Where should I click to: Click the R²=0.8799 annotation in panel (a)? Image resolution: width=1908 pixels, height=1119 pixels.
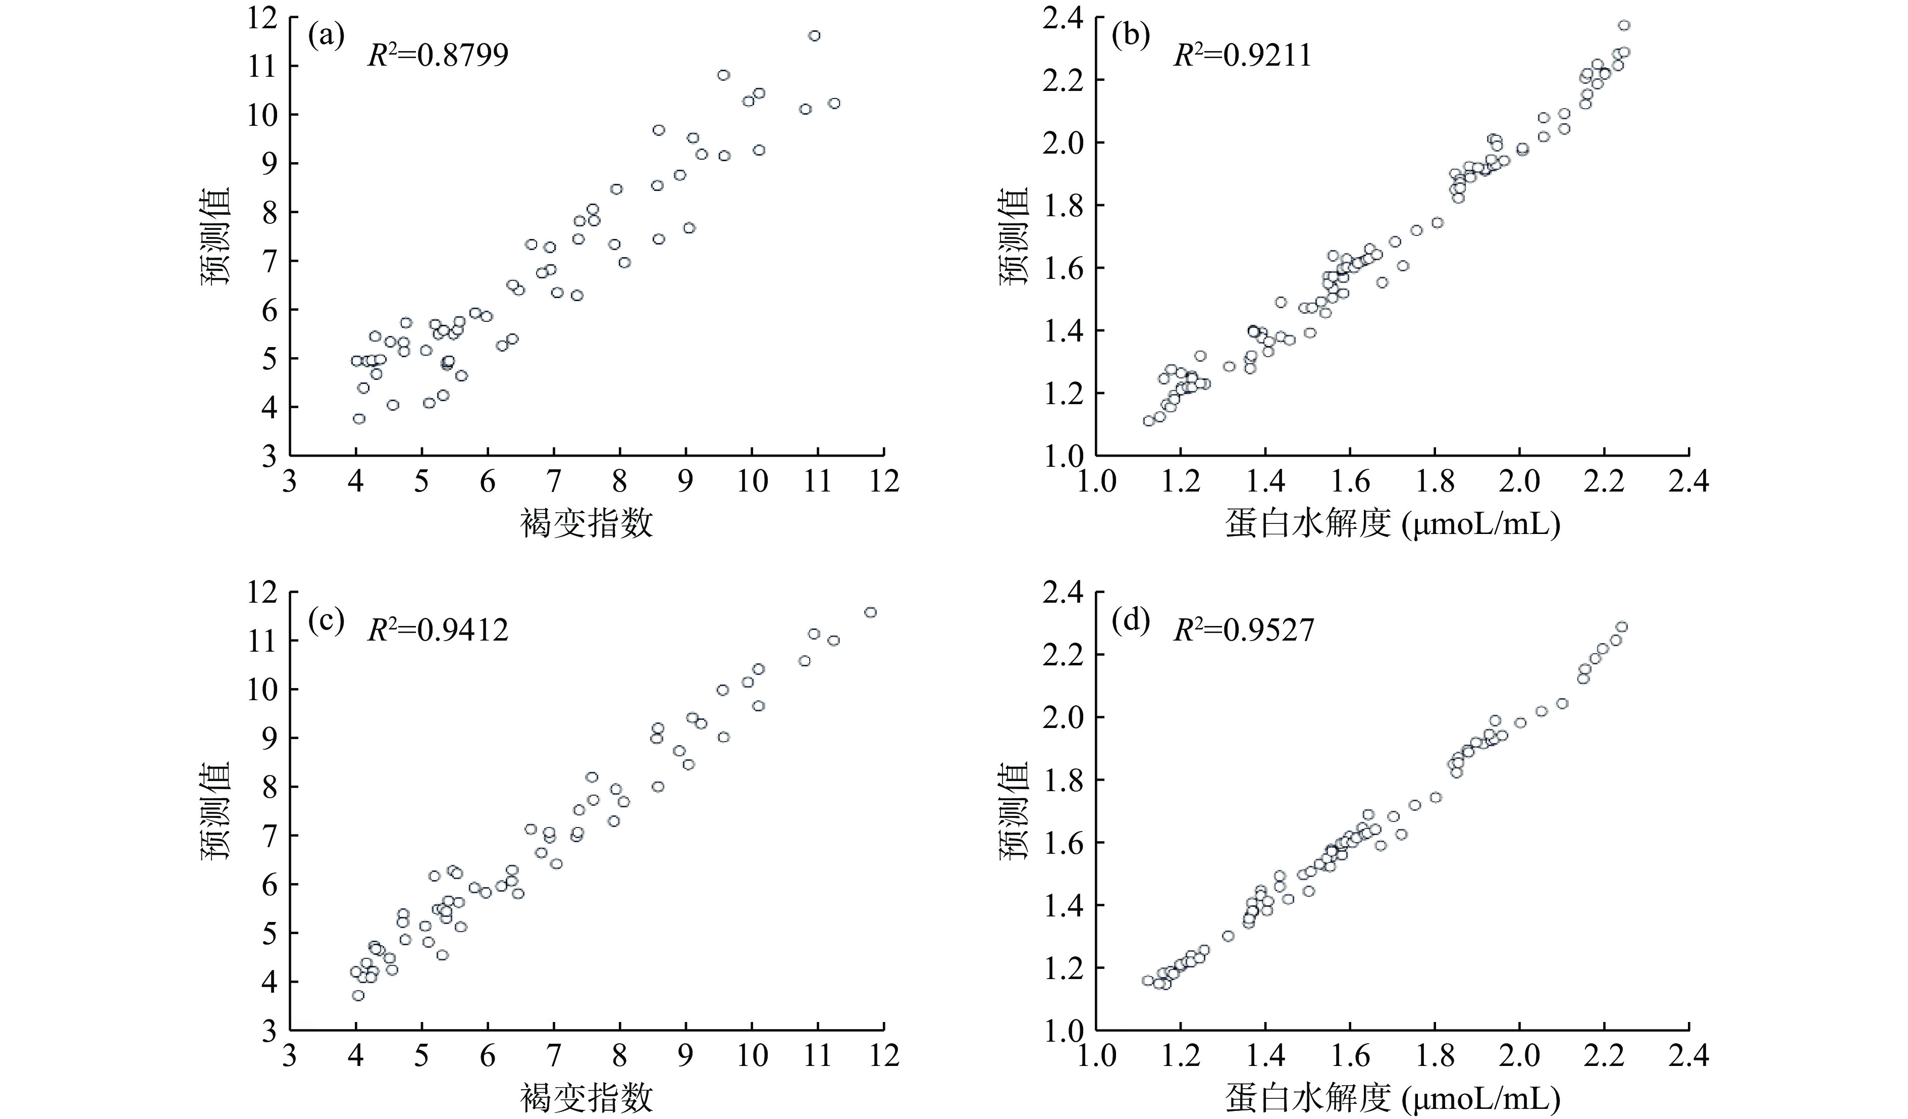tap(438, 55)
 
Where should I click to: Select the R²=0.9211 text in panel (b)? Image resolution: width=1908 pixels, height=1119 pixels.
tap(1243, 55)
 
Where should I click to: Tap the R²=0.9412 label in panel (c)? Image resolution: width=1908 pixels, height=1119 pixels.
tap(438, 629)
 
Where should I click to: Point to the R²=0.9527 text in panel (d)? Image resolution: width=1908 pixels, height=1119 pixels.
tap(1244, 629)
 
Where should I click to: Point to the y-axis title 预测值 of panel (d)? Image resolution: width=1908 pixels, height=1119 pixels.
tap(1015, 811)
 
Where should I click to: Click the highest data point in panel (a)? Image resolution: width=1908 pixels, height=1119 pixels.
tap(814, 35)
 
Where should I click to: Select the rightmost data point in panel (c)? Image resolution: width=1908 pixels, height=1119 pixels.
tap(870, 612)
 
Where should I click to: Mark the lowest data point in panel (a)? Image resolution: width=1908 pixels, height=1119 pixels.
tap(359, 418)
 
